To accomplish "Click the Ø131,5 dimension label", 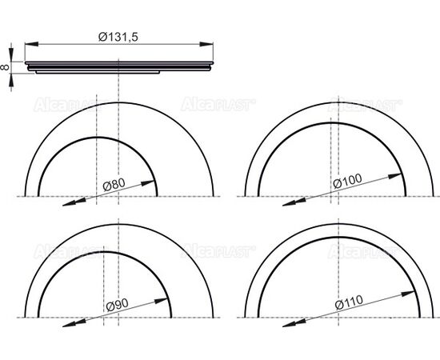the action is click(118, 37).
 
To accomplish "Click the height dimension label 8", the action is click(5, 67).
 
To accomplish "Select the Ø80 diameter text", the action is click(114, 185).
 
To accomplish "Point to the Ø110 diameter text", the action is click(349, 302).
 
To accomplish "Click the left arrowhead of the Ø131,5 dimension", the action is click(31, 44).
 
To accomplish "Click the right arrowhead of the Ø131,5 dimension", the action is click(206, 44).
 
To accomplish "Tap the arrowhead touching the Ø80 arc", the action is click(148, 183).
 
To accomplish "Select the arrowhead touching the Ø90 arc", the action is click(162, 301).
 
